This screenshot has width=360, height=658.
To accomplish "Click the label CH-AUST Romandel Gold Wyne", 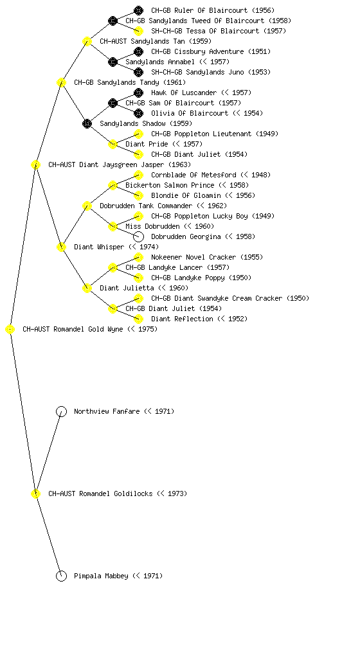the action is [x=73, y=330].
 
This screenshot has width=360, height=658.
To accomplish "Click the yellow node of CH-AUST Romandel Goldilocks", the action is [x=35, y=493].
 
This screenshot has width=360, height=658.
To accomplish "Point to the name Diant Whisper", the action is [x=99, y=247].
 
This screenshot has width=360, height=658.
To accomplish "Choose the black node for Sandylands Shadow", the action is [x=87, y=123].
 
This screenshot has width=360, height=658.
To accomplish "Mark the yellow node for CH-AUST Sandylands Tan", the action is [x=87, y=41].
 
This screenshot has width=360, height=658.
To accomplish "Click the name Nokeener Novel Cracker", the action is [x=194, y=257].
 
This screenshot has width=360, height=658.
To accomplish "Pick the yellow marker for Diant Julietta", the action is [x=87, y=288].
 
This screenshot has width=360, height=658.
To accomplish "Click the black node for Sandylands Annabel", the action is [x=113, y=62].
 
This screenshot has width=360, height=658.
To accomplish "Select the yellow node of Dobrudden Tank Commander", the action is [x=87, y=206].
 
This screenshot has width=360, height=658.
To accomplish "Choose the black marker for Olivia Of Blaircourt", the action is [x=138, y=113].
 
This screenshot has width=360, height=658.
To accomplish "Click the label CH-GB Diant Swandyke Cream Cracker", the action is [x=217, y=298].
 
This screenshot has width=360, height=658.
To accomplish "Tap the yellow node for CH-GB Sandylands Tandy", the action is [x=61, y=82].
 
